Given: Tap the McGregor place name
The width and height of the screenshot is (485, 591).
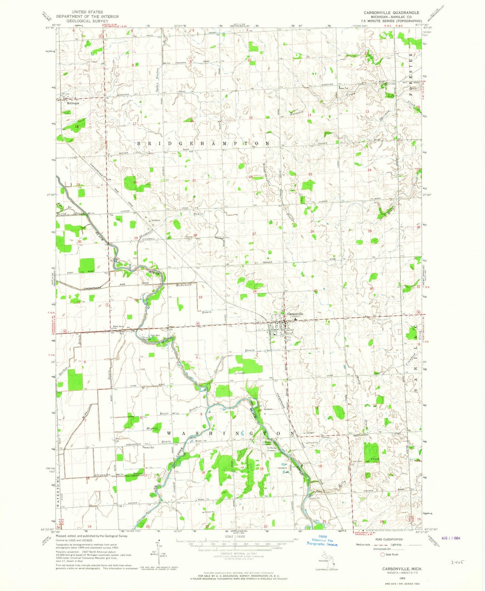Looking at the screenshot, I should pos(73,103).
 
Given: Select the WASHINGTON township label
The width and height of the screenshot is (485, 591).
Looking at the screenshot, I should pos(230,433).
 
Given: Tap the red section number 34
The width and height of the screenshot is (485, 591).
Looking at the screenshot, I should pos(255,291).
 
